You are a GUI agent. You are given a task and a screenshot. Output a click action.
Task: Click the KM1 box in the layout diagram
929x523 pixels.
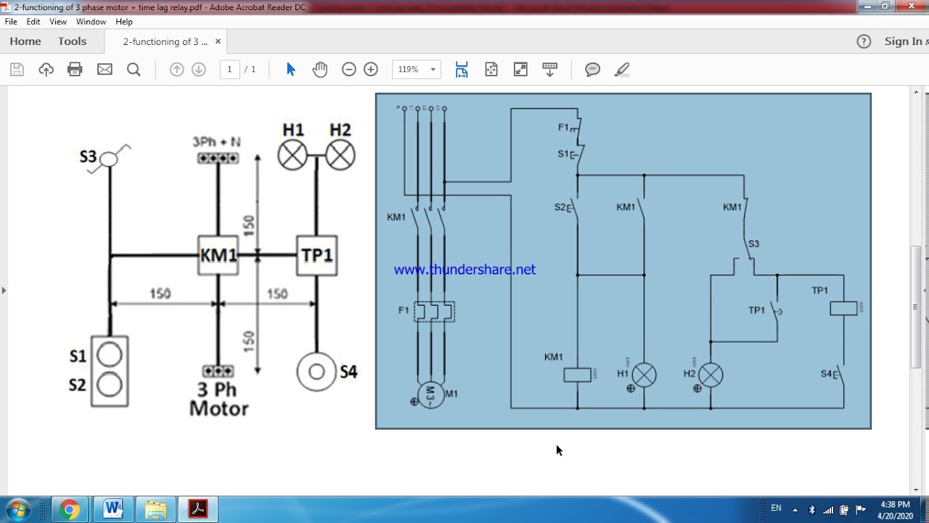(218, 256)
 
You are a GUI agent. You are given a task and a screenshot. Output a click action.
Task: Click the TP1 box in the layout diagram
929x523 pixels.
(316, 256)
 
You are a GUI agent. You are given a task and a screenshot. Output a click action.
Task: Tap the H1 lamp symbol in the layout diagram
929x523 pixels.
(292, 155)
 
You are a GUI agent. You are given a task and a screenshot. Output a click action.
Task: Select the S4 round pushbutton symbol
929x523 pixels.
(316, 372)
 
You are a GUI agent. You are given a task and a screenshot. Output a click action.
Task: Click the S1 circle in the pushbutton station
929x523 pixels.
(110, 355)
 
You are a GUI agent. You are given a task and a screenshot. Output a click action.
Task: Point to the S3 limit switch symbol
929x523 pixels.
(109, 158)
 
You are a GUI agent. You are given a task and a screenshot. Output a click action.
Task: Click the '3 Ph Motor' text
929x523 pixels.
(218, 400)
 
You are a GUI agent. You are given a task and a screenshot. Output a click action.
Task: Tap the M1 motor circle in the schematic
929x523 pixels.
(430, 394)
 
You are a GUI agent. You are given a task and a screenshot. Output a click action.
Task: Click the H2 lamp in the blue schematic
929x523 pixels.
(711, 376)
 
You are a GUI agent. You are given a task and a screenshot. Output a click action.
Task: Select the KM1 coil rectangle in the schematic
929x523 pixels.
(578, 375)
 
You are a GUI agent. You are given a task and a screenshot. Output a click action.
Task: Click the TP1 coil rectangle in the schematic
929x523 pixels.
(843, 308)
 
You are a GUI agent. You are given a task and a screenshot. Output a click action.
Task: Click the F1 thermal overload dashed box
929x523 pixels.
(434, 312)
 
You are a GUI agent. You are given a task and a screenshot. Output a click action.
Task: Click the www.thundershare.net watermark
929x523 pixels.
(464, 269)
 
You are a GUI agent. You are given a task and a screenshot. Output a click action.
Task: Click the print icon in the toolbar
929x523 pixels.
(75, 70)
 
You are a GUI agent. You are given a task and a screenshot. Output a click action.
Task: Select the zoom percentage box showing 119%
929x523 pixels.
(416, 70)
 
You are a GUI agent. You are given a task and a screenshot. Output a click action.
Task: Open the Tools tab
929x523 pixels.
(72, 41)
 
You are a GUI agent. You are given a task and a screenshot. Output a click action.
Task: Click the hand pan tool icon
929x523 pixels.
(320, 70)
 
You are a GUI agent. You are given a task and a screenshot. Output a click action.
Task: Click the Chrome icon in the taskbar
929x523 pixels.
(70, 509)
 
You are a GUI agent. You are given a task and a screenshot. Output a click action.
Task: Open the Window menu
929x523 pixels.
(91, 22)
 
